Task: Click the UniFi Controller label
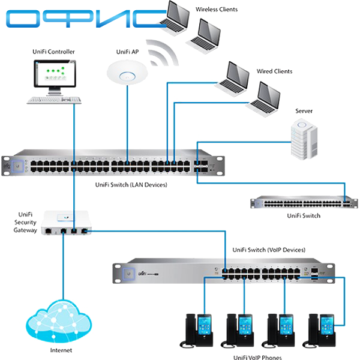pos(53,52)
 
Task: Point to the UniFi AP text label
pos(127,52)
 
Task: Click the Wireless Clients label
pos(217,10)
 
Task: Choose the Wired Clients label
pos(275,71)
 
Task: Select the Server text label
pos(304,111)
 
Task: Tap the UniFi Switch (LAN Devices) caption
pos(131,185)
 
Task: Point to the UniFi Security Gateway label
pos(25,222)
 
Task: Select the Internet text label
pos(61,350)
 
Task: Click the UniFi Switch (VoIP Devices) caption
pos(269,249)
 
